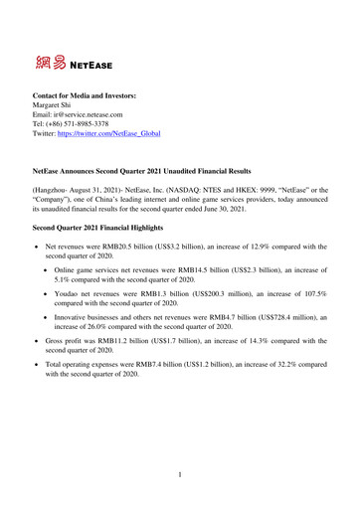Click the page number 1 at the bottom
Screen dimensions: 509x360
pos(179,474)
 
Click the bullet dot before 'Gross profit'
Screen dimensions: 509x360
pos(37,354)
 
